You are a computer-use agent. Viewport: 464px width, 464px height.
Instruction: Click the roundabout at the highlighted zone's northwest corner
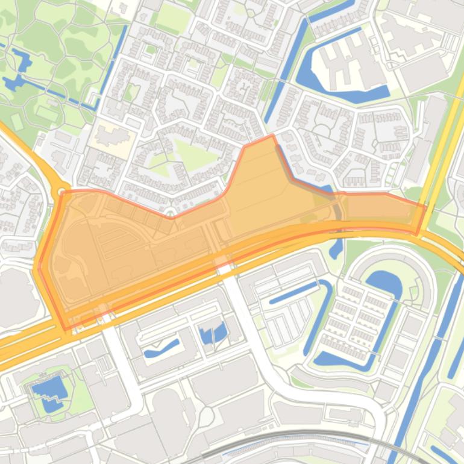tap(61, 192)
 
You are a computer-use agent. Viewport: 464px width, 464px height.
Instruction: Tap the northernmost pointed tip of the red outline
tap(272, 136)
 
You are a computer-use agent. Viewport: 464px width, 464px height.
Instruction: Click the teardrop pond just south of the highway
tap(336, 247)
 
